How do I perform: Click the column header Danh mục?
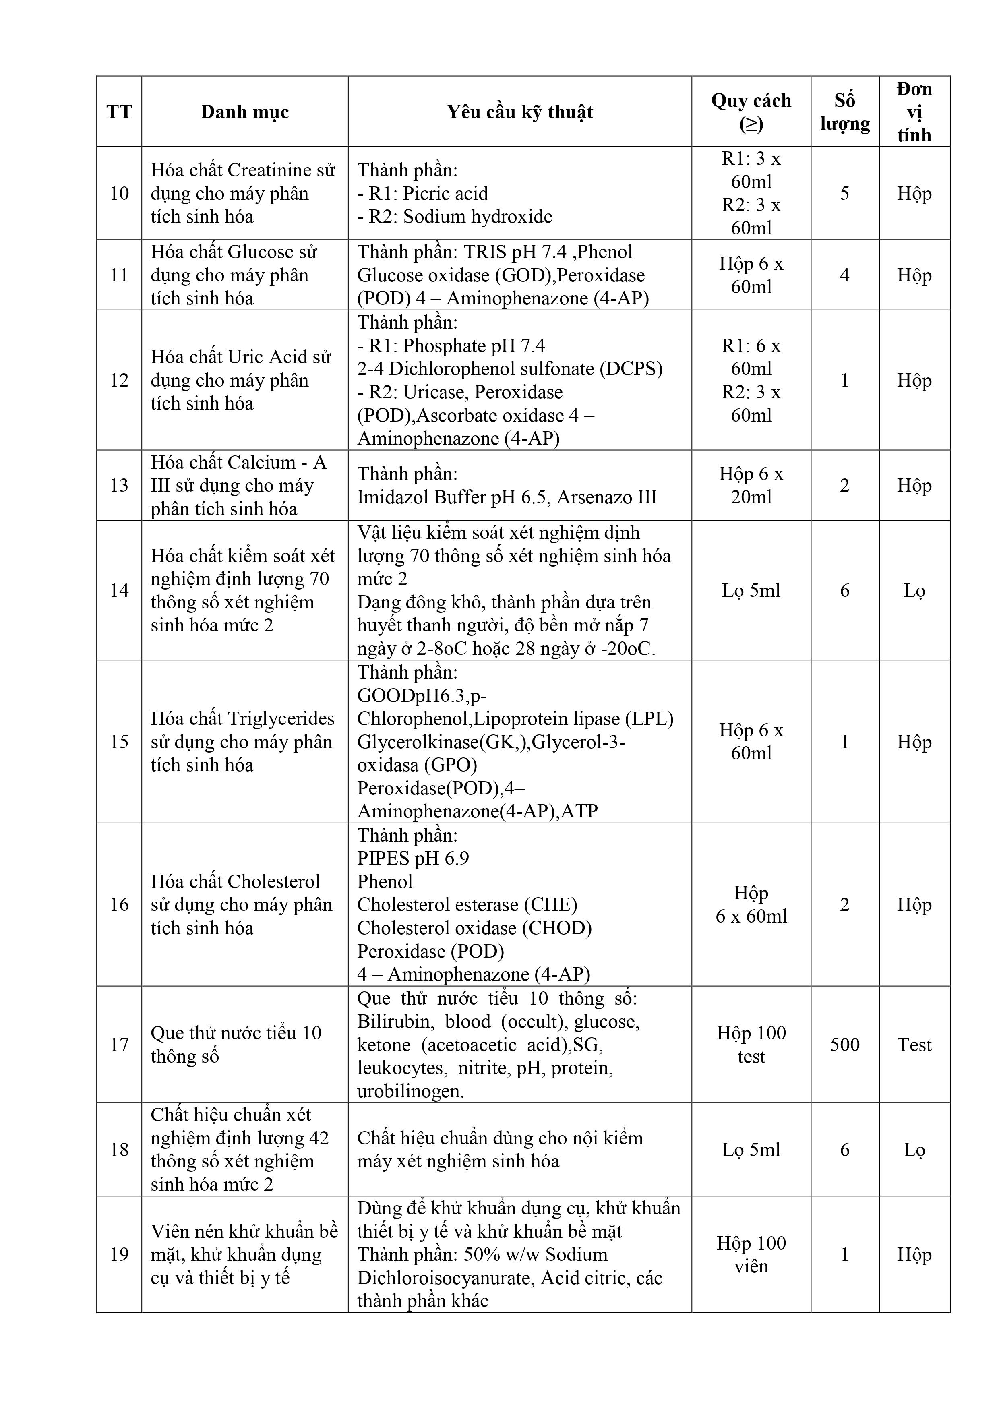(244, 112)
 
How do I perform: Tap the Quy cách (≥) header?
(751, 112)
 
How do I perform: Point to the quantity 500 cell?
(844, 1045)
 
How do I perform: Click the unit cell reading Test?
(914, 1045)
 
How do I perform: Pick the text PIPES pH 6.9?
(413, 858)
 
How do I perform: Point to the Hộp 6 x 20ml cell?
(751, 486)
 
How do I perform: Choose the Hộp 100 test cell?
(751, 1045)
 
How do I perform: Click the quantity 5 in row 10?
(844, 193)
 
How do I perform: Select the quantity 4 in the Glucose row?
(844, 275)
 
